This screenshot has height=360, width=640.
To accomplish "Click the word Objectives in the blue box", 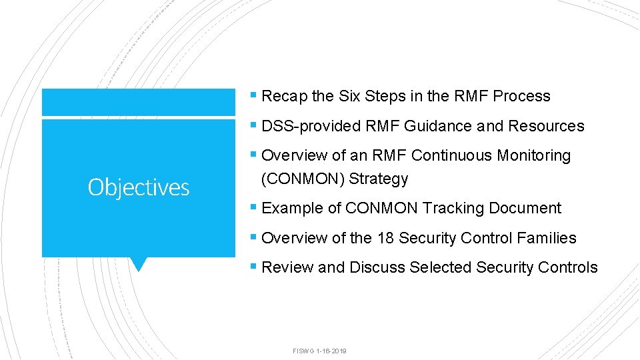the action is point(139,187).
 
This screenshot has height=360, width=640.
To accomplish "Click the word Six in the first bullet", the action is point(349,96).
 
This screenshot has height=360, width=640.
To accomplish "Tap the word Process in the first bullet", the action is point(522,96).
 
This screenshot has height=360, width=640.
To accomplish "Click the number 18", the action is point(385,238).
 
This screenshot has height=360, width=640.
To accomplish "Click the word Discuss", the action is point(377,267).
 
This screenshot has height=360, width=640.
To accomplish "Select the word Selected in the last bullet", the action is point(441,267).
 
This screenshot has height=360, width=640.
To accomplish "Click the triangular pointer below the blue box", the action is point(138,264).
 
